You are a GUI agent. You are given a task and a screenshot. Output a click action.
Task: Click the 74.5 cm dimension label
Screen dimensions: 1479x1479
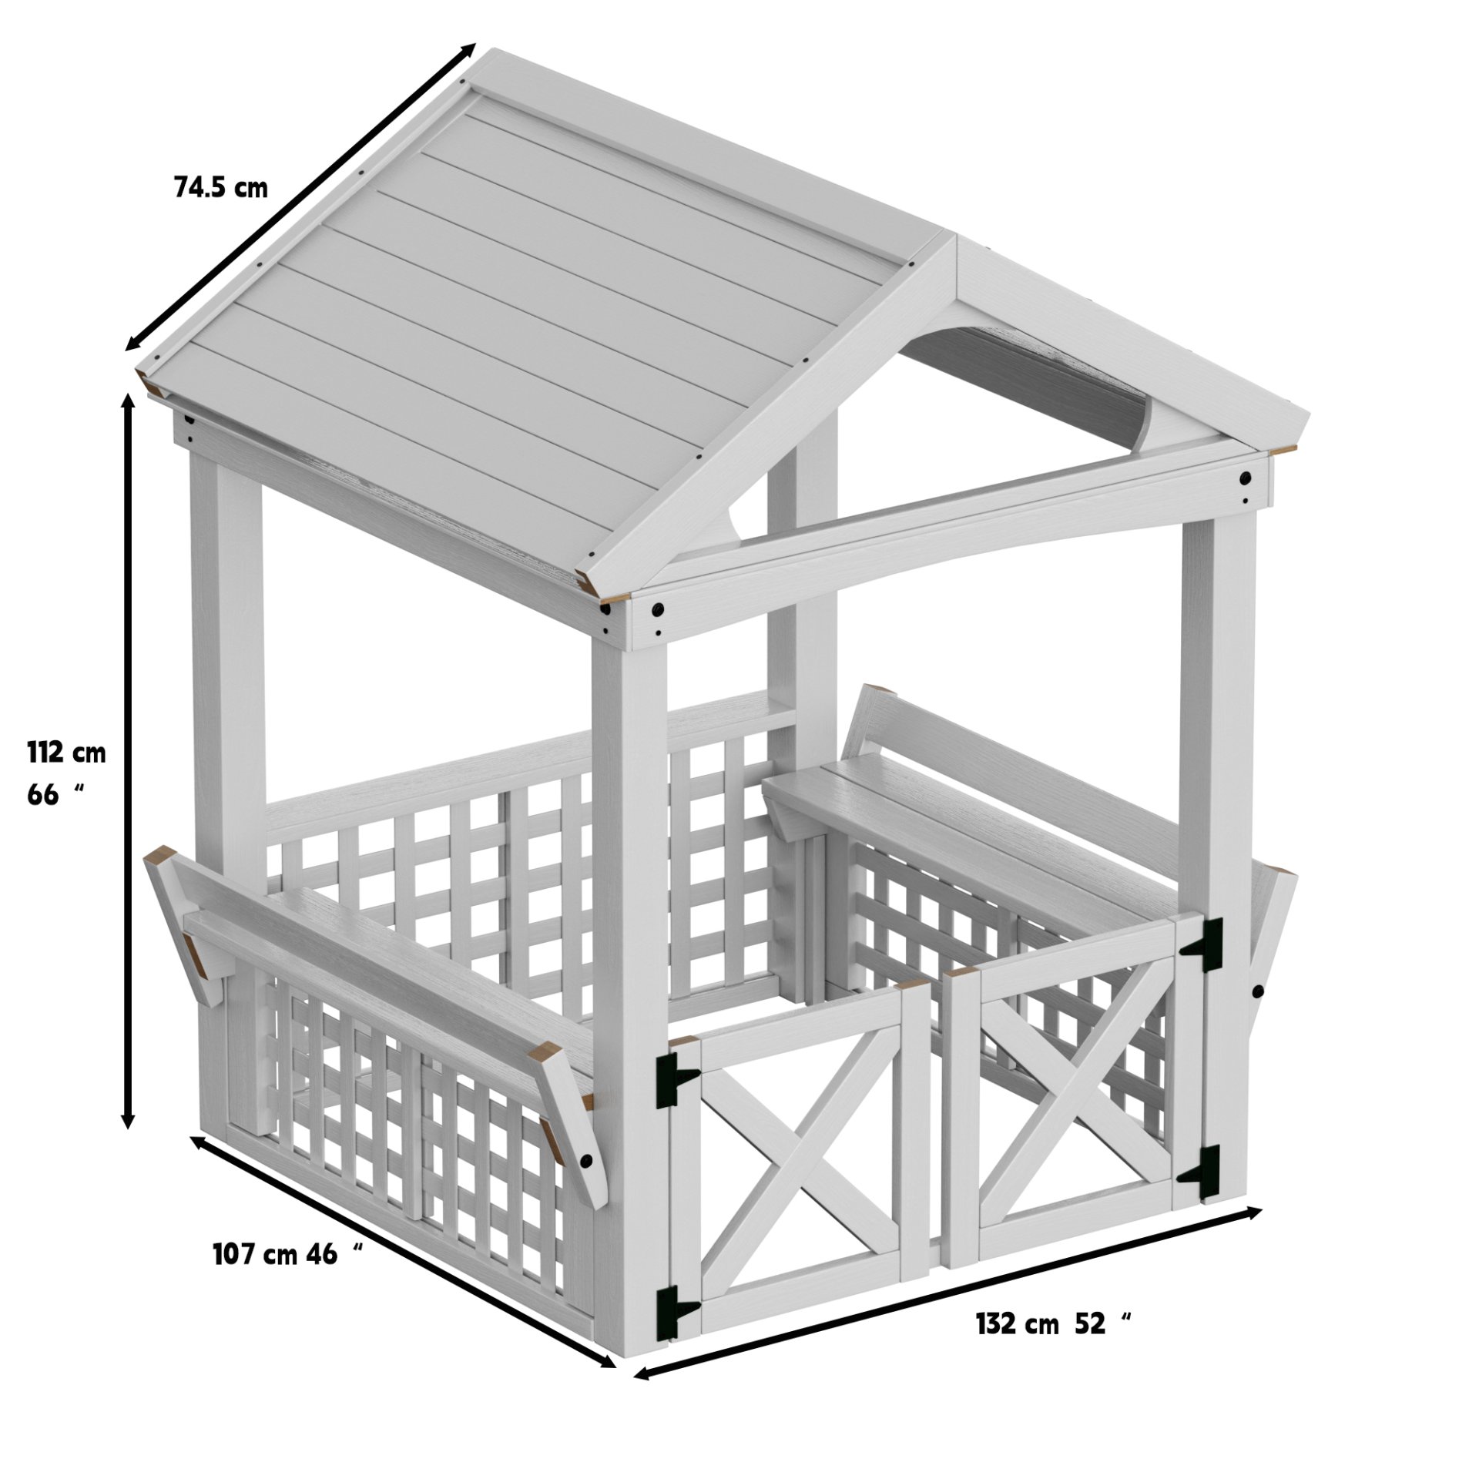click(221, 187)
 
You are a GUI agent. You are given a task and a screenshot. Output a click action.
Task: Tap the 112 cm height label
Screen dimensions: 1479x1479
click(66, 752)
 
